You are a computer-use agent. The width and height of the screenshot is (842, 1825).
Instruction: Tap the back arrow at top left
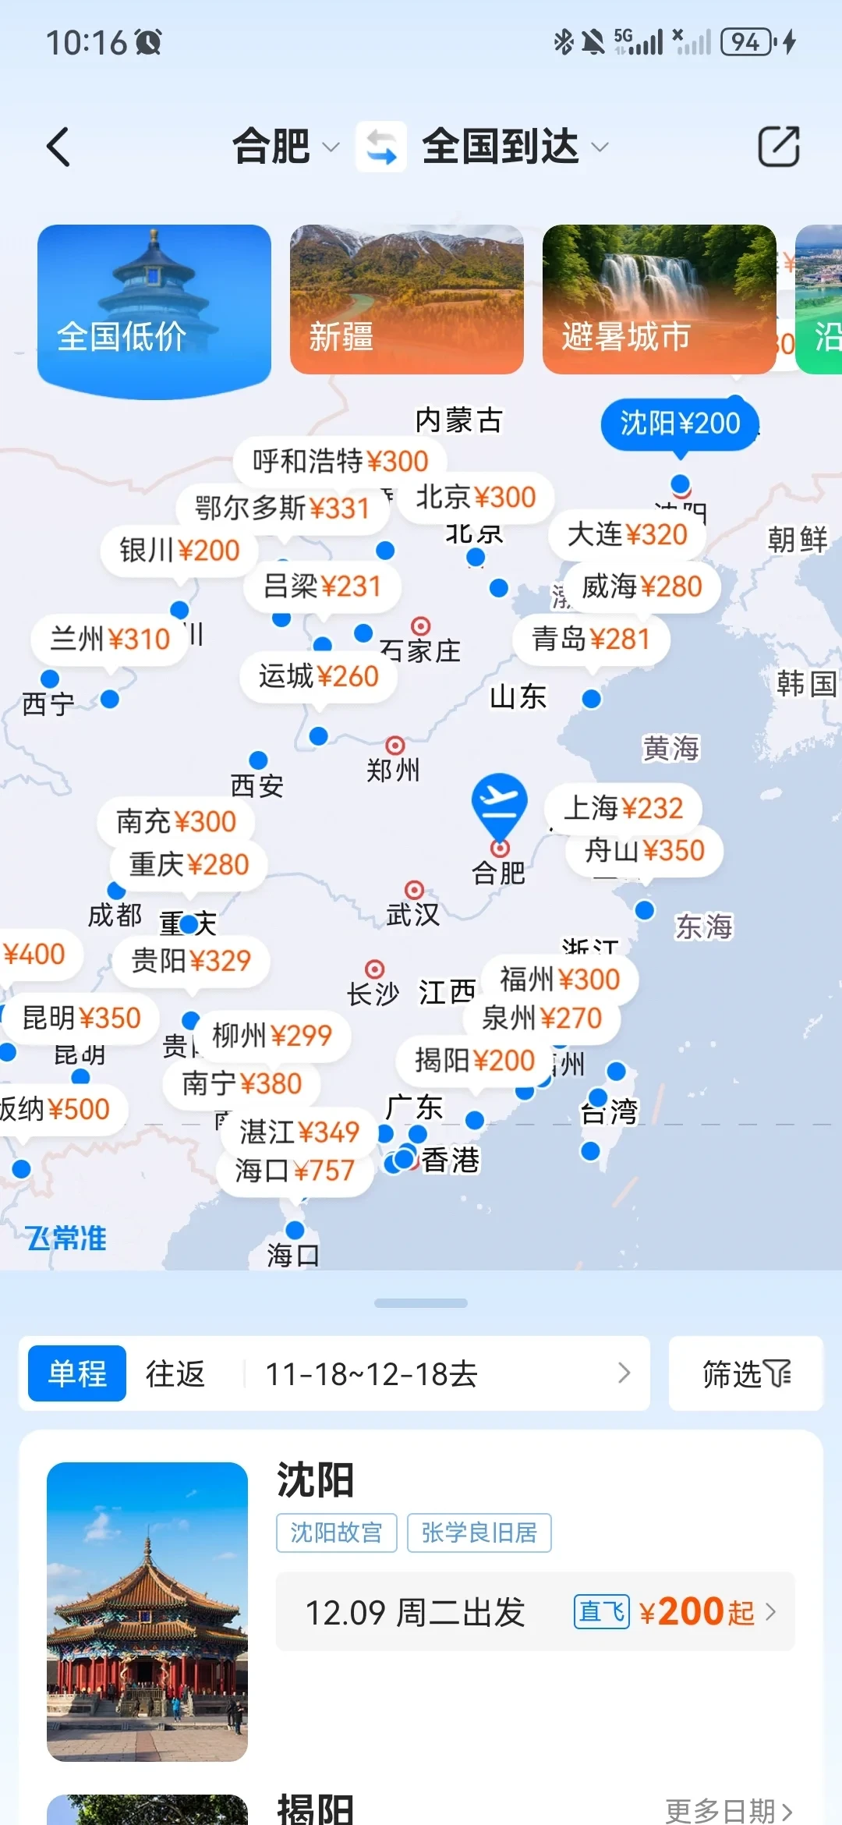(58, 147)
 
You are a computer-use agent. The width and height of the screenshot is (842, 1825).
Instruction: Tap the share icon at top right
(779, 147)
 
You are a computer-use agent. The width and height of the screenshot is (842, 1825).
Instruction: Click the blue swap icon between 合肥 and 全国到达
(381, 147)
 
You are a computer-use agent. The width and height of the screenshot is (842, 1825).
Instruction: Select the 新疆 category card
(406, 299)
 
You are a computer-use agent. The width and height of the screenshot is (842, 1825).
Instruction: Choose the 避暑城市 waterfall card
(659, 299)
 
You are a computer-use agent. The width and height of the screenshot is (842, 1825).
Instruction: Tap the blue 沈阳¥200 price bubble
(680, 423)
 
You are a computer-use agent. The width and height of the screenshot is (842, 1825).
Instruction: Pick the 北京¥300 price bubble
(476, 498)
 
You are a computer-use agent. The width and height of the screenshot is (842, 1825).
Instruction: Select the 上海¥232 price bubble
(623, 808)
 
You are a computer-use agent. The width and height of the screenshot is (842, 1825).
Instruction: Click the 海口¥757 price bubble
(295, 1170)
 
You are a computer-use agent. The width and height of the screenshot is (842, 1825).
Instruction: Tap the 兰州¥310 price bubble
(110, 639)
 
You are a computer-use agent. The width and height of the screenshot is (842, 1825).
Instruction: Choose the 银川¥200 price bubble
(179, 551)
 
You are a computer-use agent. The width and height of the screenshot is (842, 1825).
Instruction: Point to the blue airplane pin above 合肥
(499, 803)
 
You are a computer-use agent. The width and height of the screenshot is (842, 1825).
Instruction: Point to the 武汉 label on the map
(413, 914)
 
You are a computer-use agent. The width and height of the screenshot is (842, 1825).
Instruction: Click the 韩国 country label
(806, 684)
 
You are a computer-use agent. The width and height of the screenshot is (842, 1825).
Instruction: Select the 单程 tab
(77, 1373)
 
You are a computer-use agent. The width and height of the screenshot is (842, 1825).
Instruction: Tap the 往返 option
(175, 1373)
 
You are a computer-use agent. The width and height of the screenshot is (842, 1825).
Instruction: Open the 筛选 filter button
(746, 1373)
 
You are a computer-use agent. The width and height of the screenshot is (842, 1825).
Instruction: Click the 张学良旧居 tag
(479, 1533)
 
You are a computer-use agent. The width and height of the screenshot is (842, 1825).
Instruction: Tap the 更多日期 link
(728, 1810)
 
